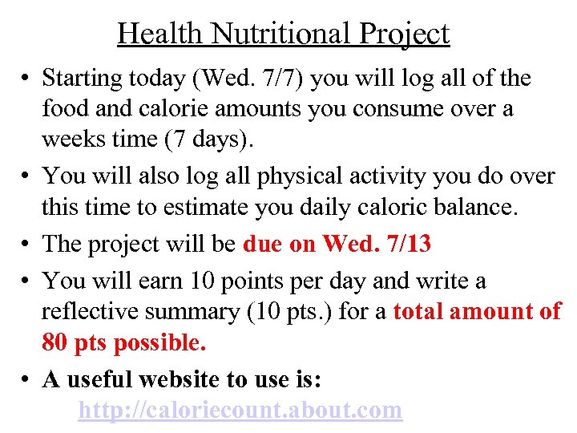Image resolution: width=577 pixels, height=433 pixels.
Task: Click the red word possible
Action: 159,342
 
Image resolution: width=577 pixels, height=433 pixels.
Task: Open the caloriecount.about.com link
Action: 240,411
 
